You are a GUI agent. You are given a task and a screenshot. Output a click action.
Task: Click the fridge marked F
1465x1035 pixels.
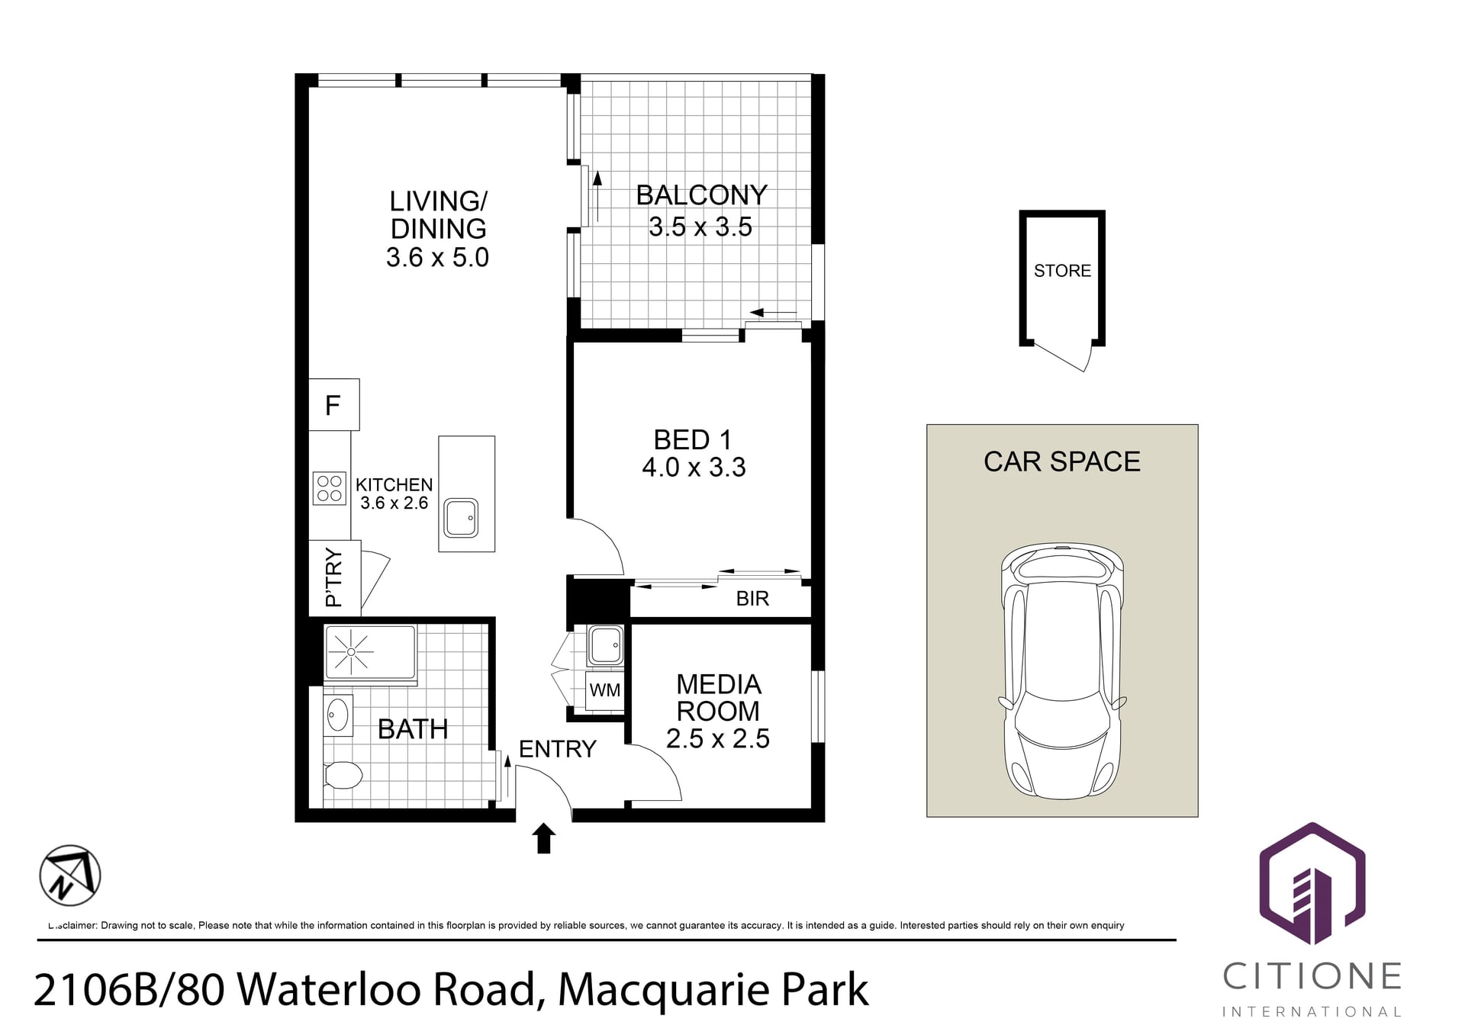click(333, 404)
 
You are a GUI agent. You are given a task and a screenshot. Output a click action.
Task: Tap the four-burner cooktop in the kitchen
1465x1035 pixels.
click(329, 488)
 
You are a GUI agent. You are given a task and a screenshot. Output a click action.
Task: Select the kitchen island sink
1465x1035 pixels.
click(461, 518)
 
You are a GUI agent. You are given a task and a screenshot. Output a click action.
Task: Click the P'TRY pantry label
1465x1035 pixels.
click(333, 577)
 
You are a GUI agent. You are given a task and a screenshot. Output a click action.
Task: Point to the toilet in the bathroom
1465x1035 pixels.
click(343, 776)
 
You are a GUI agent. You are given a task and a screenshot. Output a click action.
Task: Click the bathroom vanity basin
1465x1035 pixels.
click(337, 715)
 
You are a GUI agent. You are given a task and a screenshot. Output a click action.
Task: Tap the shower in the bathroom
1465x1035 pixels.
click(370, 652)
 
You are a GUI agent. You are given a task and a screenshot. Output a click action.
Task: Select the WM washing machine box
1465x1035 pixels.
click(604, 690)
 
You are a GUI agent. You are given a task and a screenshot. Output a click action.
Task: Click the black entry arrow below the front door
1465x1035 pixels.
click(543, 838)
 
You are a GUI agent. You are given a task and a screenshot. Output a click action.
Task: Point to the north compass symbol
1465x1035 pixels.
click(70, 876)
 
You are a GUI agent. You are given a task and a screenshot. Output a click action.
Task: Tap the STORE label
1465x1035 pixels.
click(1062, 271)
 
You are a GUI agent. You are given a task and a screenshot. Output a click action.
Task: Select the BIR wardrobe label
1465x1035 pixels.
click(752, 599)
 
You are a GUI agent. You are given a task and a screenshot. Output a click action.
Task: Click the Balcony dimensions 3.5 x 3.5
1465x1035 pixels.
click(700, 227)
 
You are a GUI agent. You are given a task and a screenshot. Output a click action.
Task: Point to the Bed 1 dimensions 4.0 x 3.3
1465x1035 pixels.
click(694, 467)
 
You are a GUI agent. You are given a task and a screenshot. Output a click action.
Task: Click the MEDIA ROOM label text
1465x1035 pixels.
click(718, 698)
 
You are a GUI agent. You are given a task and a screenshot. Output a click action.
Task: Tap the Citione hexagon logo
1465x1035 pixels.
click(1312, 884)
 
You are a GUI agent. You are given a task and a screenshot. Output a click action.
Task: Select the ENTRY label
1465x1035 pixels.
click(557, 749)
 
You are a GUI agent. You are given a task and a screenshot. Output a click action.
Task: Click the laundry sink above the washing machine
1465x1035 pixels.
click(606, 645)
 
